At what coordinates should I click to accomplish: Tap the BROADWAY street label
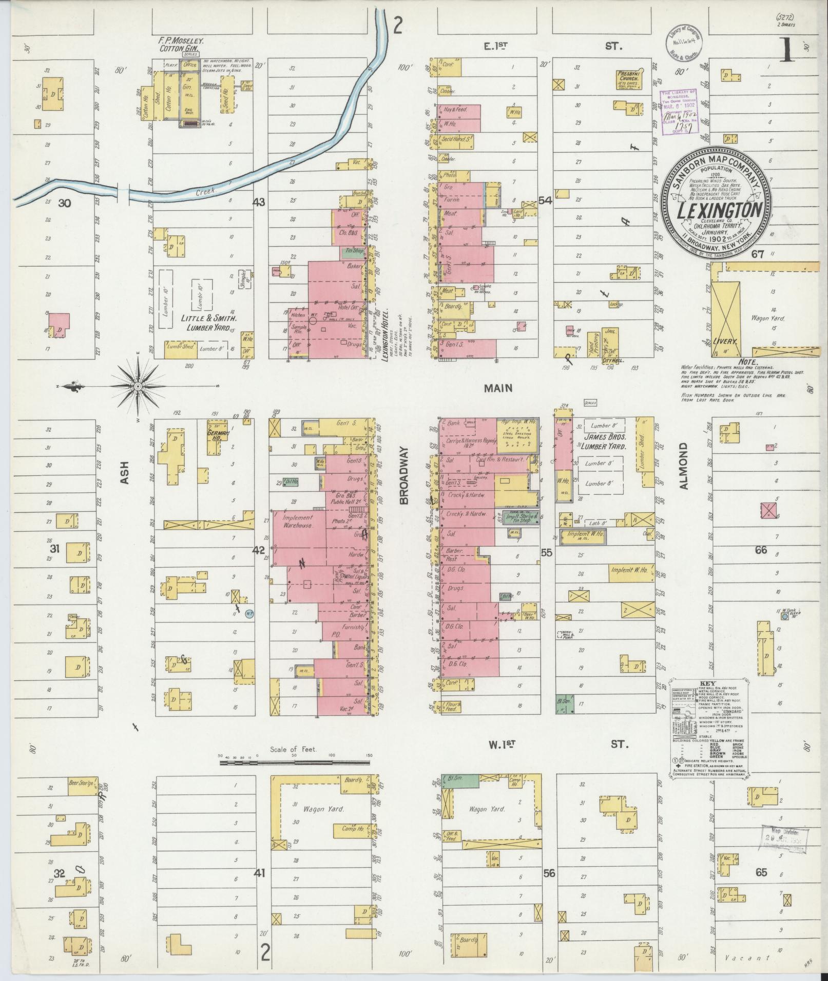tap(403, 475)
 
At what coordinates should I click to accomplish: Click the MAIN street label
tap(498, 388)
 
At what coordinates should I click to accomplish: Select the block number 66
tap(760, 550)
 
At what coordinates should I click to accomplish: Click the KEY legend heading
tap(707, 684)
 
